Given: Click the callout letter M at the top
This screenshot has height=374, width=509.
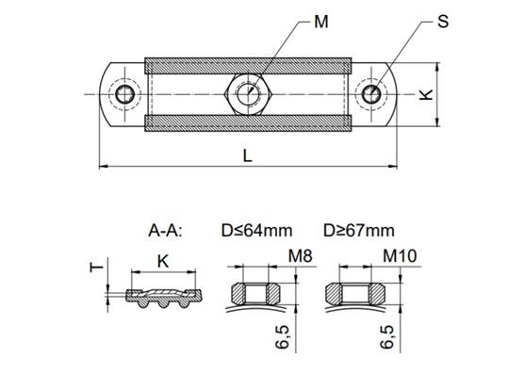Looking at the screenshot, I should pos(320,22).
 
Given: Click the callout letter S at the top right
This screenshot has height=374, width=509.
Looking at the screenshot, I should pos(442,22).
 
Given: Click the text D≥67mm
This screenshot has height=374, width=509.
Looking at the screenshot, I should pos(358,230).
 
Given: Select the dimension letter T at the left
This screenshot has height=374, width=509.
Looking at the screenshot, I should pos(92,268).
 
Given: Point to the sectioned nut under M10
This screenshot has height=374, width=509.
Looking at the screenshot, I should pos(355,291).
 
